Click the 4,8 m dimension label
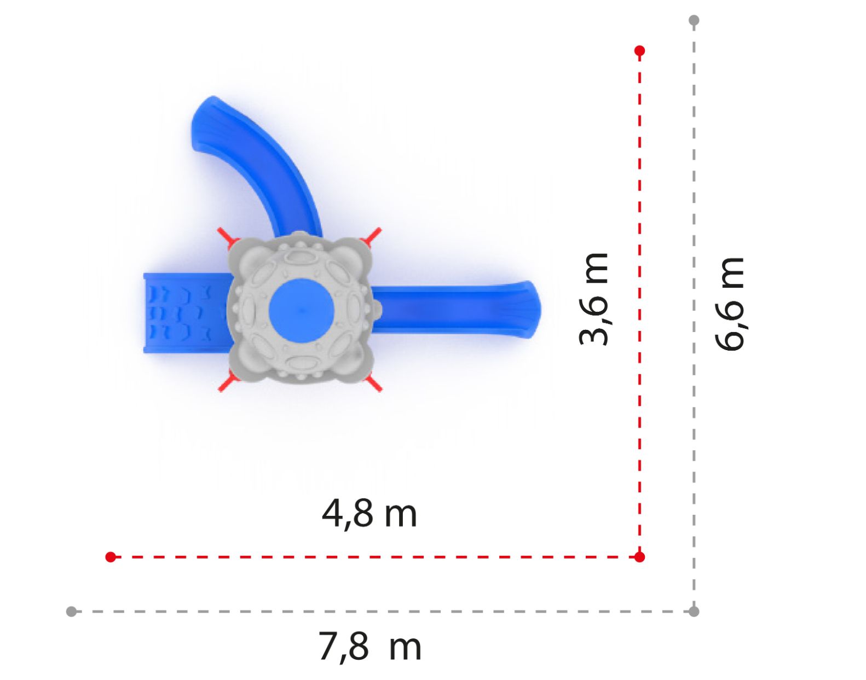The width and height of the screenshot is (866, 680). coord(369,515)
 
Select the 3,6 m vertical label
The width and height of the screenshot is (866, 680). coord(593,299)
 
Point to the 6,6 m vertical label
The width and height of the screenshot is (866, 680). coord(729,304)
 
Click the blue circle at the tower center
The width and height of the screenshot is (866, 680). coord(301,310)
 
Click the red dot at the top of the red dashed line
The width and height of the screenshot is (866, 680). coord(639,50)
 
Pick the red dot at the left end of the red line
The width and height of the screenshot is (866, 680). coord(111,557)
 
